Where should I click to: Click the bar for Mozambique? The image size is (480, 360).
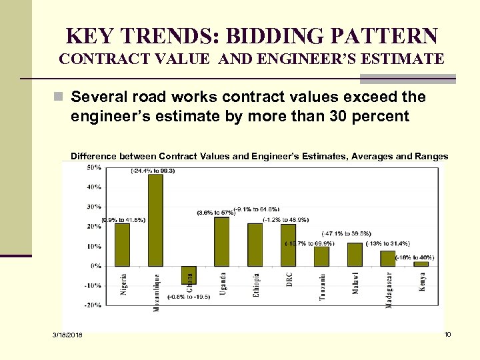pos(155,220)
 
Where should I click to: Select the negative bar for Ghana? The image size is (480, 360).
pos(189,275)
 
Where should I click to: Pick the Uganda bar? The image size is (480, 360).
pos(221,241)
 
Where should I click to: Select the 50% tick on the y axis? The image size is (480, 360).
pos(93,167)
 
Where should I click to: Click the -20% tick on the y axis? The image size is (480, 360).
pos(93,305)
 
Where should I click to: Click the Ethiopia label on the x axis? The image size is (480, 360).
pos(257,285)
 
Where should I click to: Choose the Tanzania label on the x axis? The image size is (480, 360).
pos(323,287)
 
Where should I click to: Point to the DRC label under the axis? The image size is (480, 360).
pos(289,279)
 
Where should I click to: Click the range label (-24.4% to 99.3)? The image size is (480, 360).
pos(153,171)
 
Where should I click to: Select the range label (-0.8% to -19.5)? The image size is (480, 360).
pos(189,297)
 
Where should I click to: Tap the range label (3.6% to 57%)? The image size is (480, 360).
pos(215,213)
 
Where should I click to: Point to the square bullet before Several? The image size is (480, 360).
pos(62,97)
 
